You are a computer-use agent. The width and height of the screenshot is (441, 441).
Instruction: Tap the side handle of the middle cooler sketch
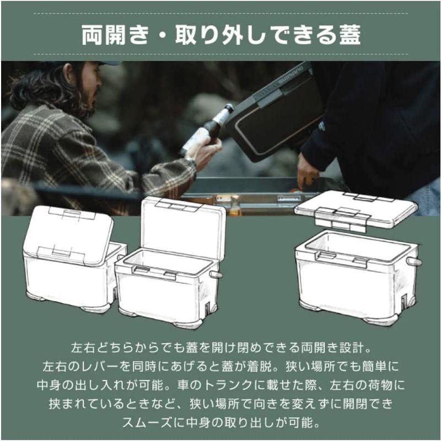pyautogui.click(x=216, y=274)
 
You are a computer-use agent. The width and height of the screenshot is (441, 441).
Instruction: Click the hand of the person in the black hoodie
pyautogui.click(x=308, y=170)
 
